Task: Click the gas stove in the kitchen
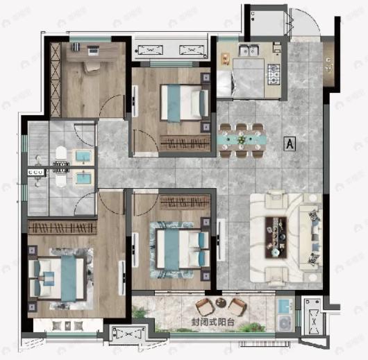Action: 273,71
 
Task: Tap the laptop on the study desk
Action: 92,51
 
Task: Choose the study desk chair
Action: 92,66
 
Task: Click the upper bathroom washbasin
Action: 83,155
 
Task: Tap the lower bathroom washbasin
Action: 83,178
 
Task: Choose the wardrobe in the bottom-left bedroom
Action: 62,228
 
